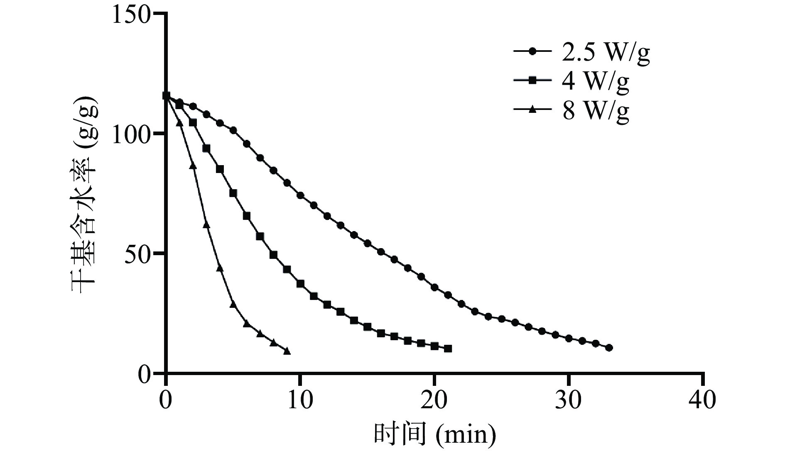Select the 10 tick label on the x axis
(x=300, y=401)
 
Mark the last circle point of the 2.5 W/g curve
(x=609, y=348)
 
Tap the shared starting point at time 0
(x=166, y=96)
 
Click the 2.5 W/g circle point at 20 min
(x=434, y=287)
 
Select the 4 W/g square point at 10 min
(x=300, y=284)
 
